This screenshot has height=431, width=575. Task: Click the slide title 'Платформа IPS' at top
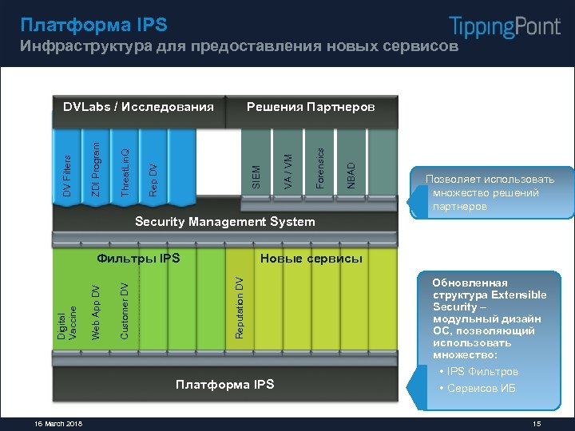[x=93, y=25]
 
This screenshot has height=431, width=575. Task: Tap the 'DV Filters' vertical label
[x=68, y=176]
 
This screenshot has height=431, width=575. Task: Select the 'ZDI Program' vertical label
[x=96, y=169]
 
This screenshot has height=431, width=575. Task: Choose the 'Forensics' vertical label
[x=319, y=168]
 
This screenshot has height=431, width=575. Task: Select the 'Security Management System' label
[x=225, y=221]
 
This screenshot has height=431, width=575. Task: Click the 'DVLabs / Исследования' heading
[x=139, y=106]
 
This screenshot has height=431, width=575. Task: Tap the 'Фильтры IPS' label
[x=138, y=258]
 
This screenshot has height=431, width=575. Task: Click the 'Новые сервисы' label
[x=311, y=258]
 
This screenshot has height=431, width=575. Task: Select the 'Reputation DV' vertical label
[x=239, y=306]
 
